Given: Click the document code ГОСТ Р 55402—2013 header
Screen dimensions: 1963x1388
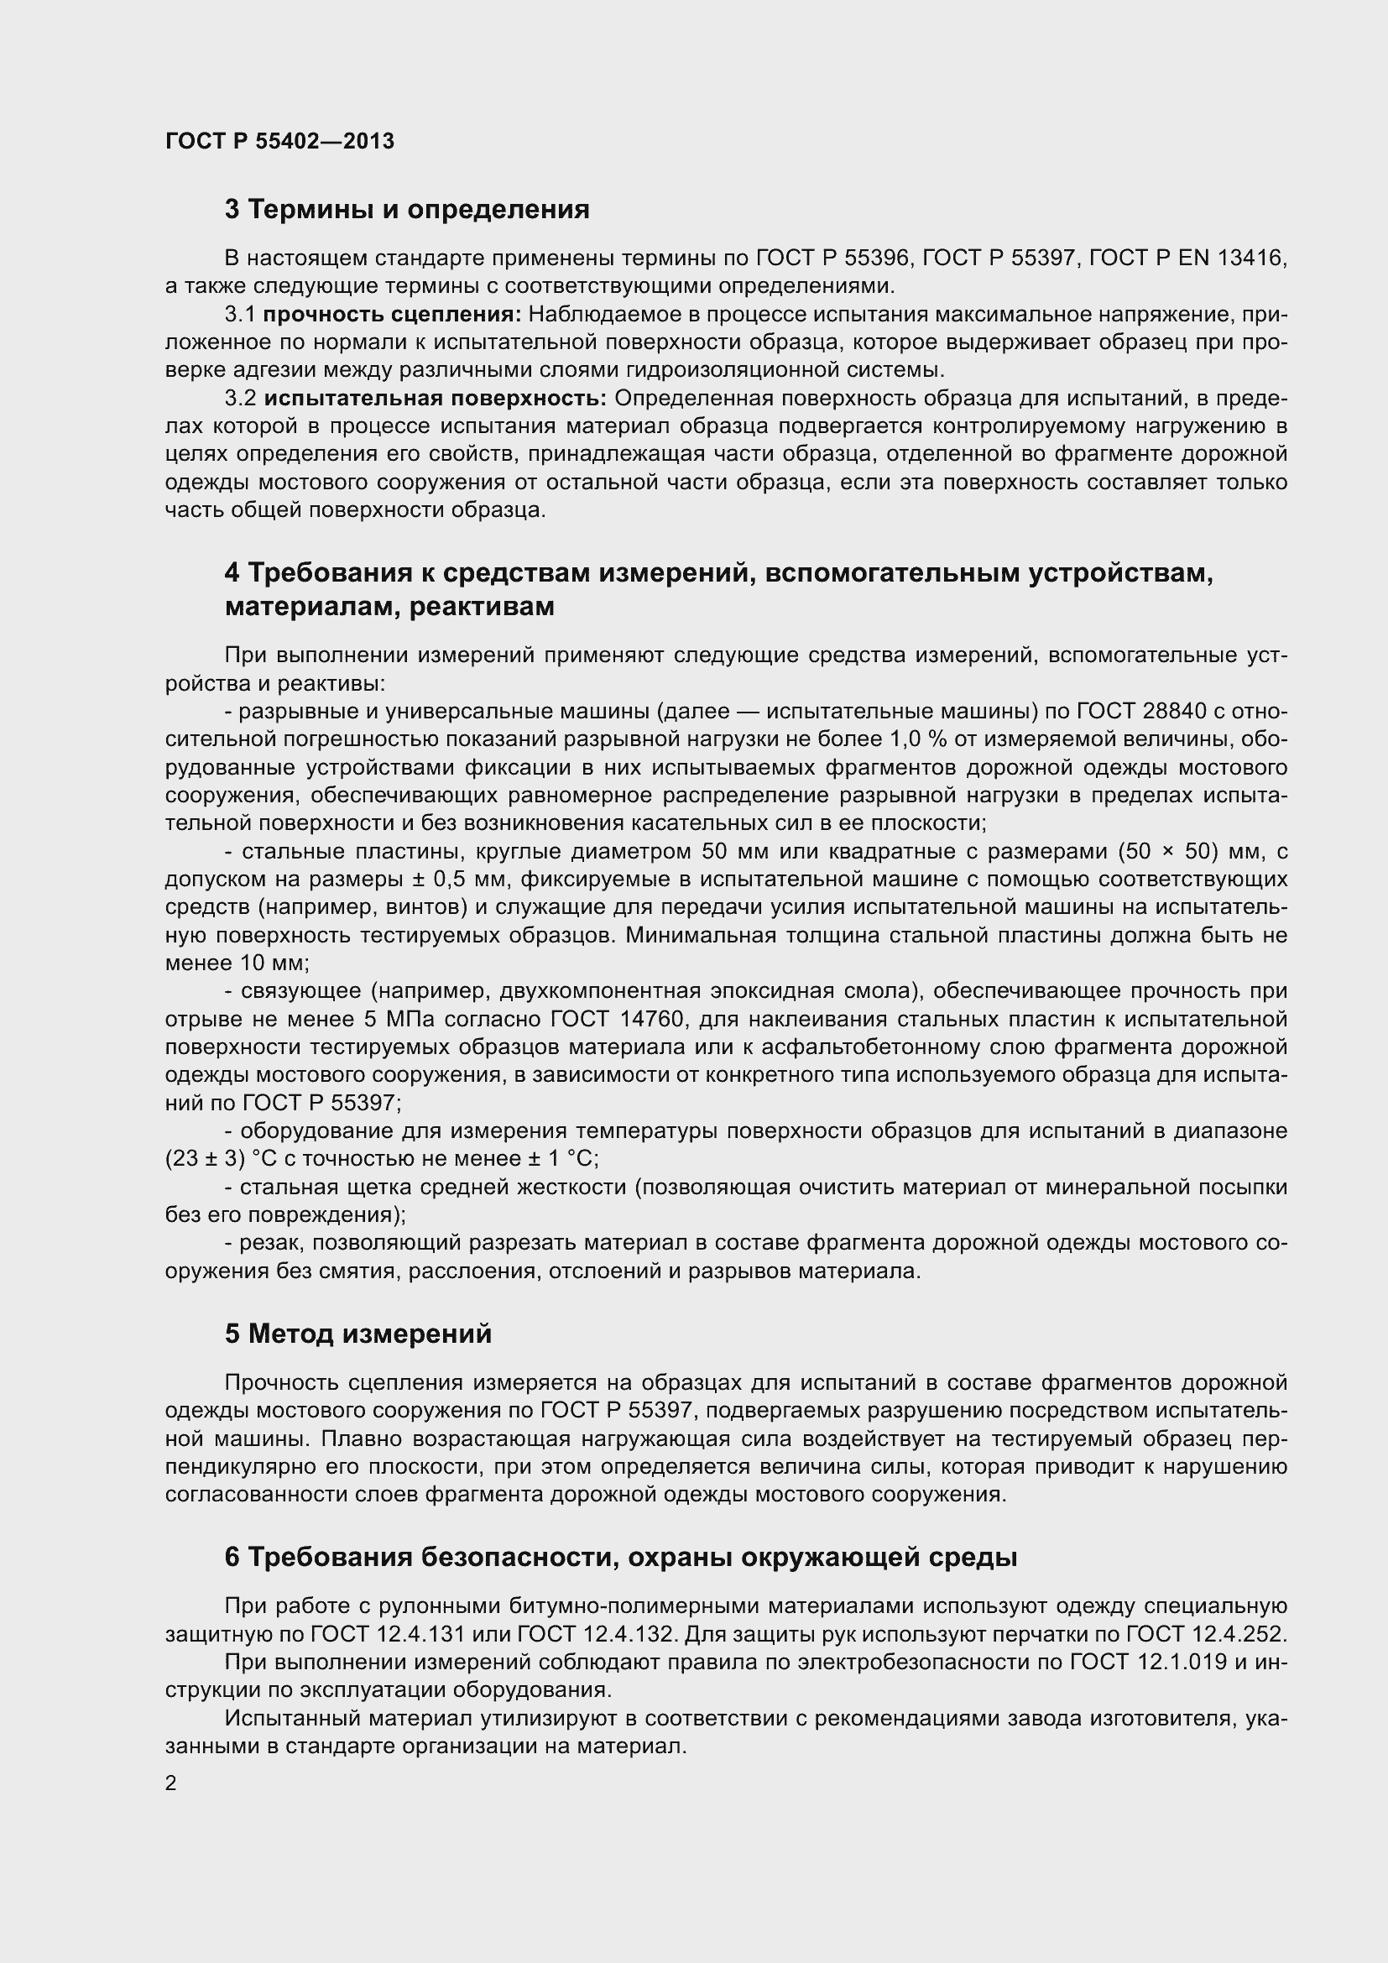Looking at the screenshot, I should tap(279, 141).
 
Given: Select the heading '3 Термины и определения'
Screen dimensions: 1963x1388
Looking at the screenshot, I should tap(407, 209).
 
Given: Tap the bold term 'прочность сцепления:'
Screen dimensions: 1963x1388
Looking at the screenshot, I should tap(392, 315).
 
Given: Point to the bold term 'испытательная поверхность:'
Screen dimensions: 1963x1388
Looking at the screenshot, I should tap(435, 399).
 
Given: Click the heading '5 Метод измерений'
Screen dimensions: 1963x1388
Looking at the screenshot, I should tap(358, 1334).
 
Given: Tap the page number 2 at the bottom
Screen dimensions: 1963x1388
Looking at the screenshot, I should tap(171, 1783).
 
